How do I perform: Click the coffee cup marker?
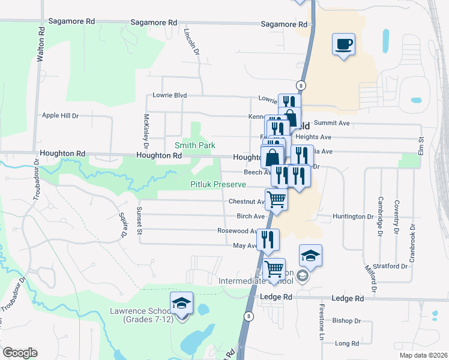tap(343, 44)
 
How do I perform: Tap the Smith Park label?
tap(194, 145)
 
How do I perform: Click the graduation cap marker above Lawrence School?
tap(181, 304)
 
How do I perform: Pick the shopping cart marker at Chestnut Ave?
tap(276, 199)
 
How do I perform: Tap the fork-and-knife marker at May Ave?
tap(268, 239)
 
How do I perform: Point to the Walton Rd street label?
tap(41, 47)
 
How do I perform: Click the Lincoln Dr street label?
tap(192, 43)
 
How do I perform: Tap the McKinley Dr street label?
tap(146, 130)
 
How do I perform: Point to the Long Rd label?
tap(346, 344)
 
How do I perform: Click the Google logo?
tap(20, 353)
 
